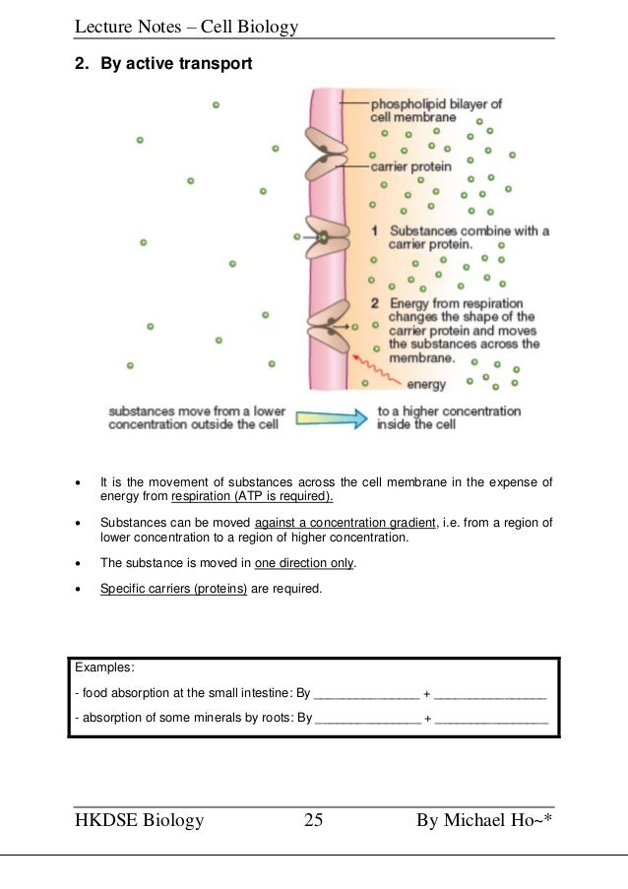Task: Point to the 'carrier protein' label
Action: tap(411, 166)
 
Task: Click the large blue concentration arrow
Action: tap(329, 417)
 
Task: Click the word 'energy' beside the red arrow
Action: tap(426, 384)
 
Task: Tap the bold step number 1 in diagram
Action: tap(374, 231)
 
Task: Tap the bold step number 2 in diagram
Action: tap(374, 303)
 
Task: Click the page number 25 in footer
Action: tap(314, 820)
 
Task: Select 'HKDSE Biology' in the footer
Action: tap(139, 820)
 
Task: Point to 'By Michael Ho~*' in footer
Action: tap(483, 820)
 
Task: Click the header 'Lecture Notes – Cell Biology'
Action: tap(186, 27)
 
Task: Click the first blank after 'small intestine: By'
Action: tap(365, 694)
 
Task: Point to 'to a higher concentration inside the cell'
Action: tap(449, 417)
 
